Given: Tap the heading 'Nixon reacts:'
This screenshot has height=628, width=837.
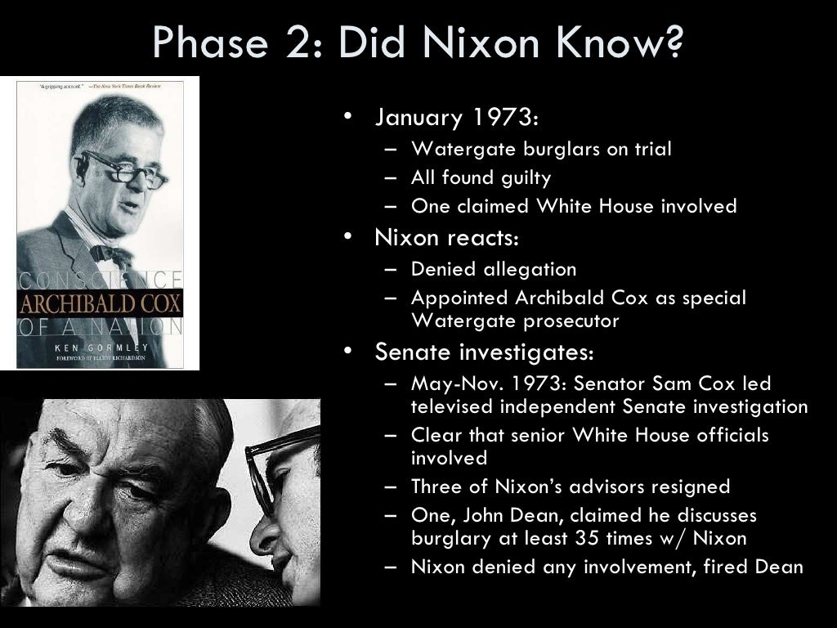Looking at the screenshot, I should click(447, 238).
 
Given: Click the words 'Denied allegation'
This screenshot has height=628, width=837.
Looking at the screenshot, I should click(494, 269).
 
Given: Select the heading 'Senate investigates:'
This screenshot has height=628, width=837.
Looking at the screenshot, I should click(484, 352).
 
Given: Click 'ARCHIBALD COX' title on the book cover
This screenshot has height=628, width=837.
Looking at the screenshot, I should click(100, 305).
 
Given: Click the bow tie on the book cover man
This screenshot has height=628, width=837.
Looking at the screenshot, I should click(111, 253).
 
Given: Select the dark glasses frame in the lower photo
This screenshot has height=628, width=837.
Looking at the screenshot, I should click(270, 474).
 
